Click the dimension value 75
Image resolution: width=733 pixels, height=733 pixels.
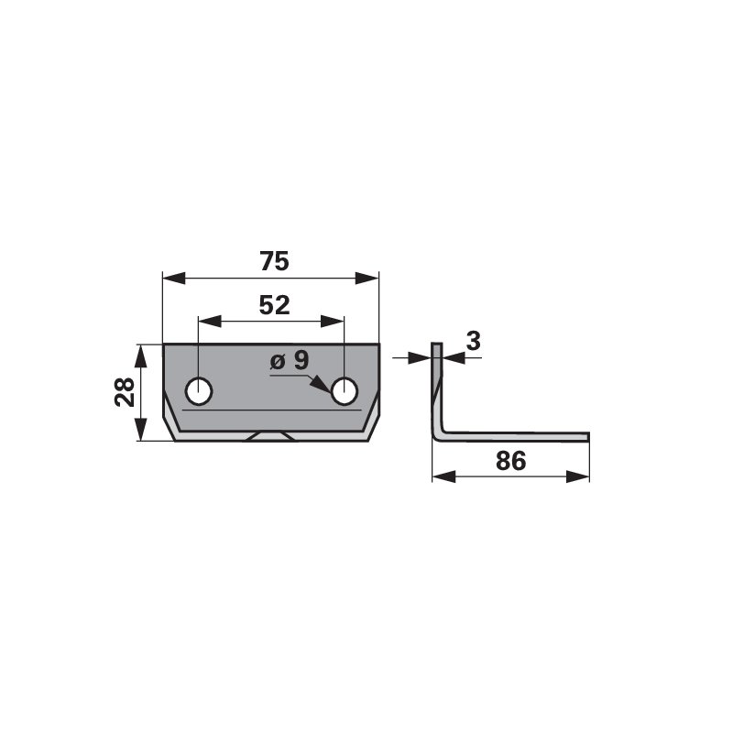[274, 261]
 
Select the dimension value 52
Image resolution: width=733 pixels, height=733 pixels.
[274, 305]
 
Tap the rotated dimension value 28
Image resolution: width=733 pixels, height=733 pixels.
[125, 392]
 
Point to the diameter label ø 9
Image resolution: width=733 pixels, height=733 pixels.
[290, 360]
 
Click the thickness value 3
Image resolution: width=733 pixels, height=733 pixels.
[473, 341]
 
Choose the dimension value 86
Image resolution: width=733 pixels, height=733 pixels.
[511, 461]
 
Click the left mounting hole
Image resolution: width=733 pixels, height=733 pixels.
[199, 391]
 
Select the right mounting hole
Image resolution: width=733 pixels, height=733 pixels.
[345, 391]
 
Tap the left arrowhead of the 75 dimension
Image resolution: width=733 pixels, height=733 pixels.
[174, 279]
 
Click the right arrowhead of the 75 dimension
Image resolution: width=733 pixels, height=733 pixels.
[367, 279]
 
